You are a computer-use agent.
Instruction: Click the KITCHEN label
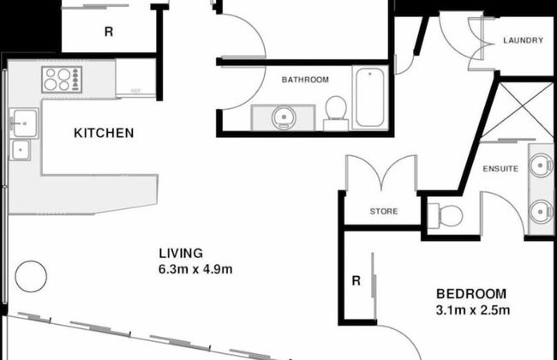104,133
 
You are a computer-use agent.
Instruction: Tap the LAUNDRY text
522,40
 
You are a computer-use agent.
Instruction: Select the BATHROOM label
305,80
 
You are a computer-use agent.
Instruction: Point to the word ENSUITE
500,168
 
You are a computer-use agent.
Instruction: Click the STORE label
383,211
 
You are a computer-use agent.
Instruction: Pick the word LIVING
181,253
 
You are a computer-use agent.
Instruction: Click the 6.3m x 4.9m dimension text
196,269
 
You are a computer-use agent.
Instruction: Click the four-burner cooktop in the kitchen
61,81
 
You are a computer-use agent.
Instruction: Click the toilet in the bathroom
336,111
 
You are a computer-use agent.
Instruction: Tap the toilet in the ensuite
445,213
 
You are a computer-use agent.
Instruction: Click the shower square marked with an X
524,111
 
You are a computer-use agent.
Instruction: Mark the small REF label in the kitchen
135,89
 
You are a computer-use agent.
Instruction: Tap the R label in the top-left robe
108,33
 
